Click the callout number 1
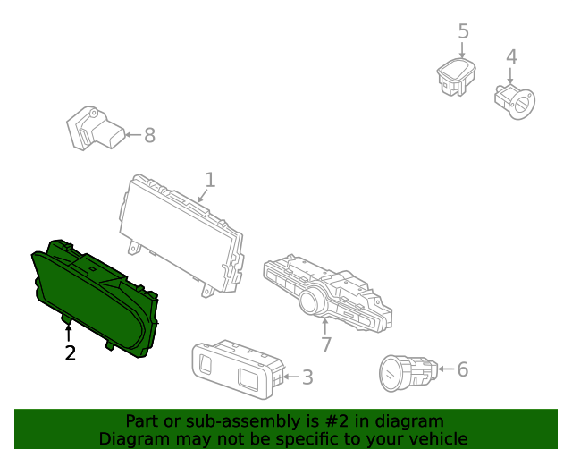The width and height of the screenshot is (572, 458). tap(209, 180)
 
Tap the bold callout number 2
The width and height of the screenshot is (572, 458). tap(70, 353)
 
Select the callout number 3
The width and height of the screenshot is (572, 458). tap(307, 377)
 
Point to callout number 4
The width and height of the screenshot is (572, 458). tap(511, 57)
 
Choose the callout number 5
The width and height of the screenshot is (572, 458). tap(463, 31)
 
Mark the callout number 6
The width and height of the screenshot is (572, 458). tap(462, 369)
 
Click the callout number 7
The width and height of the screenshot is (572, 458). tap(326, 343)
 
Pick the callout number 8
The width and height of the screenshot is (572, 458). tap(149, 135)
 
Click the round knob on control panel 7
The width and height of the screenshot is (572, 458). tap(313, 301)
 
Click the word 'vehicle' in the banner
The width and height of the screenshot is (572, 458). tap(437, 438)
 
